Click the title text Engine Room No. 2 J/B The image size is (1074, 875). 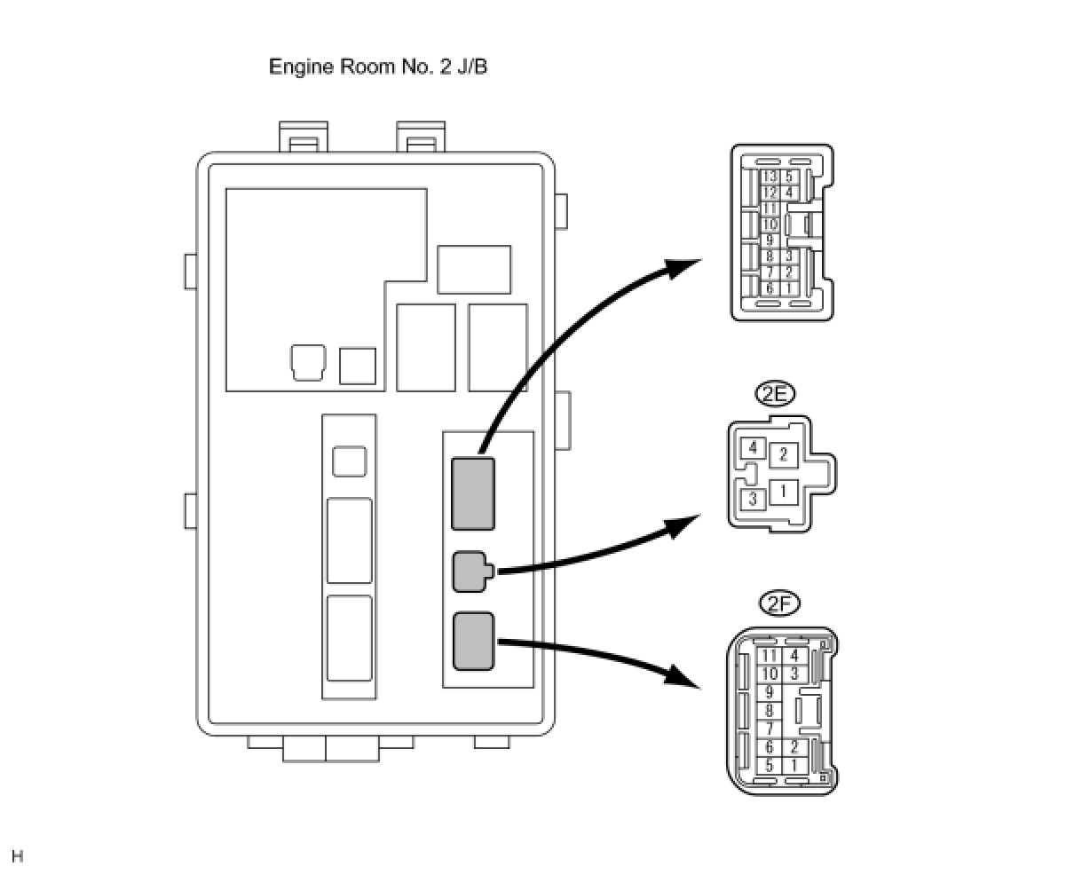[x=377, y=67]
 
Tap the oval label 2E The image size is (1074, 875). [x=775, y=394]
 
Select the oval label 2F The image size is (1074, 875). [x=779, y=603]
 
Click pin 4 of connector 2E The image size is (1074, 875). [x=754, y=447]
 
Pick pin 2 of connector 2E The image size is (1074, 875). [x=784, y=455]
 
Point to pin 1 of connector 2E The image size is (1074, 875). [x=784, y=492]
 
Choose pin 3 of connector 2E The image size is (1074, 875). [x=754, y=499]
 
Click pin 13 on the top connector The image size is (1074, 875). [x=770, y=177]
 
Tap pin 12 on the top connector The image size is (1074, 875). [x=770, y=193]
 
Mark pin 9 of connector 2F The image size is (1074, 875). [x=770, y=692]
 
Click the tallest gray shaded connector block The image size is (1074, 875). [x=472, y=494]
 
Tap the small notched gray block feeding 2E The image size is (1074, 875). [x=473, y=572]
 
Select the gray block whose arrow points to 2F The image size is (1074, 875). [x=473, y=641]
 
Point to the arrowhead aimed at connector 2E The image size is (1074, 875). [x=684, y=526]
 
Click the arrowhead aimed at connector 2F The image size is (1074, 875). [x=683, y=677]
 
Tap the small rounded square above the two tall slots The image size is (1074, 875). [x=350, y=461]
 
